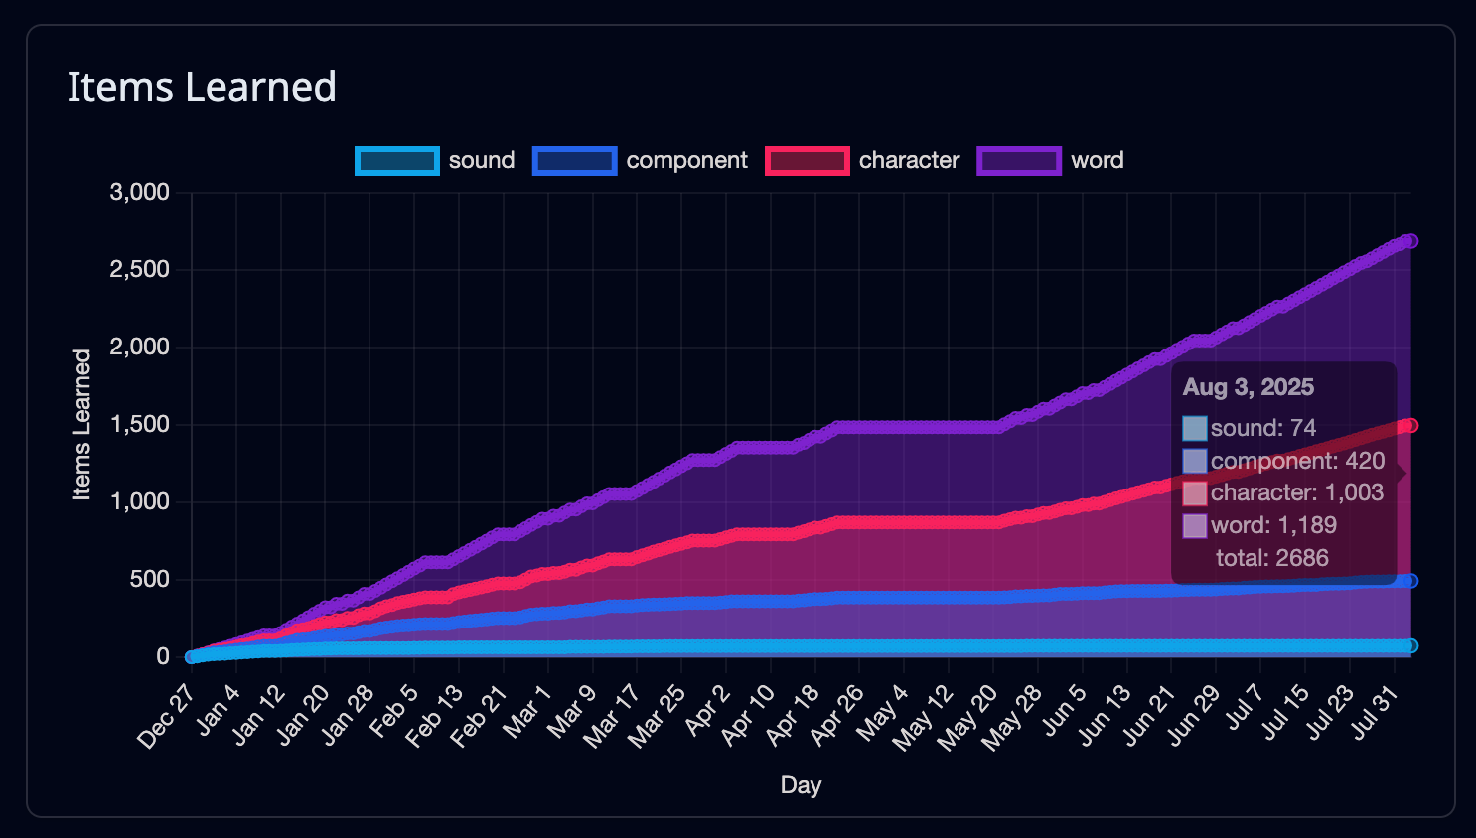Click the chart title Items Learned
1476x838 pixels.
click(202, 87)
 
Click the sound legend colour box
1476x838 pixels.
click(397, 161)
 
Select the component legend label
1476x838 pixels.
click(686, 161)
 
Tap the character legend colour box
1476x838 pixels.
click(808, 161)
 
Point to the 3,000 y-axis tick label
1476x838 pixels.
click(139, 192)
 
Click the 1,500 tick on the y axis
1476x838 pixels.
click(139, 424)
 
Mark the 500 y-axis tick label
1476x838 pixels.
click(149, 579)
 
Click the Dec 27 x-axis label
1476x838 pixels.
click(167, 717)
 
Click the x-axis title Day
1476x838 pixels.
click(801, 785)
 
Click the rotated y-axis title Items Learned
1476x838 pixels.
click(81, 424)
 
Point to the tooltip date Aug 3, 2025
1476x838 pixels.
click(1248, 387)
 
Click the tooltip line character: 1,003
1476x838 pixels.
click(1296, 492)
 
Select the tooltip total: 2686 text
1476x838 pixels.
click(1271, 558)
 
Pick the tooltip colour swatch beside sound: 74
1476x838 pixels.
click(1195, 429)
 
